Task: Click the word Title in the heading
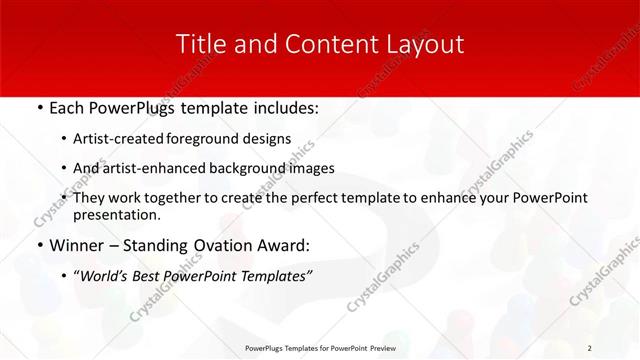(x=199, y=44)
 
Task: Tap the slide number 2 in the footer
(x=590, y=348)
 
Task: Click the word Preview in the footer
(x=382, y=348)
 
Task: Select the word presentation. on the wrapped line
(x=118, y=214)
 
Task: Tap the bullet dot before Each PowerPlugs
(x=38, y=106)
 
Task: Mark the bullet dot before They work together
(x=65, y=198)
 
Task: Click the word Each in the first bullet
(x=67, y=106)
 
